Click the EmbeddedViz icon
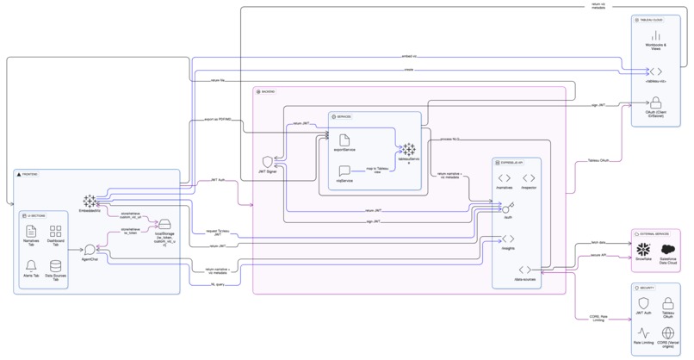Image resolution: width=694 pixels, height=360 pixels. pos(89,201)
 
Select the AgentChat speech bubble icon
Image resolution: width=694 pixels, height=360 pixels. pos(89,250)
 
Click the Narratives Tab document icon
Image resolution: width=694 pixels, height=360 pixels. pos(31,231)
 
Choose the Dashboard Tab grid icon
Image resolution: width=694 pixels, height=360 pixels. pos(56,231)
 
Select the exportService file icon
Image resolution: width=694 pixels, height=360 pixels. pos(343,140)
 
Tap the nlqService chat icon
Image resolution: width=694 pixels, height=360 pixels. pos(343,171)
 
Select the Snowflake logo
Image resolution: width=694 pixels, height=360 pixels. pos(642,248)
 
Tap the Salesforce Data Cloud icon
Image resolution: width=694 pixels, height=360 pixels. pos(666,248)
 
